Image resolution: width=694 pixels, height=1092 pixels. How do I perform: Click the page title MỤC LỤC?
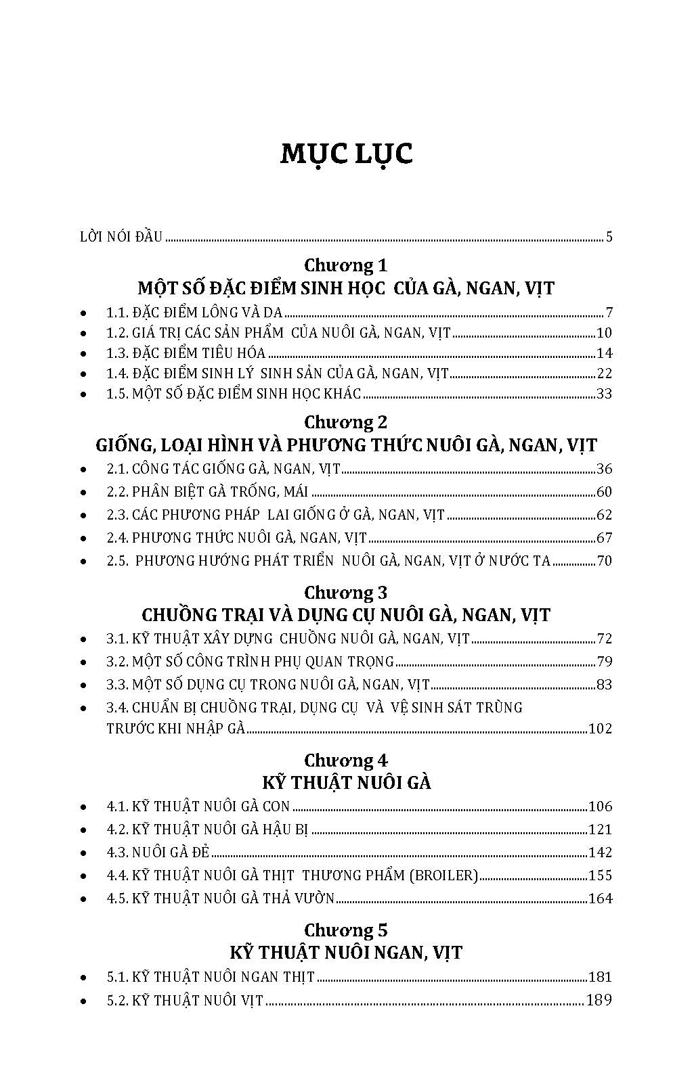[347, 154]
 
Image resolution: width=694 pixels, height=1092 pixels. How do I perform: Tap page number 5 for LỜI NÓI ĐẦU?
[609, 237]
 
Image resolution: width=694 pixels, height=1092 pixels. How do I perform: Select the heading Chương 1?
[346, 265]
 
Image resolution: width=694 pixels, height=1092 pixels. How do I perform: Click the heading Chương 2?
[346, 422]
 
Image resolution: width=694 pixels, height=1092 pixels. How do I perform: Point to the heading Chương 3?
[346, 593]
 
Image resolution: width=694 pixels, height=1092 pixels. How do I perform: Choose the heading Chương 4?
[346, 760]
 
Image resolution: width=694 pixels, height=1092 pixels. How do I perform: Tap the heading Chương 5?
[346, 930]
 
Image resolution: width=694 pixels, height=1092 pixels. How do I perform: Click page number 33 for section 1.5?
[604, 394]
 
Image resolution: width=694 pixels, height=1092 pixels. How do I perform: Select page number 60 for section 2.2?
[604, 492]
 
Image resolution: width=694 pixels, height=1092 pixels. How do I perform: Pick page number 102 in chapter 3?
[601, 729]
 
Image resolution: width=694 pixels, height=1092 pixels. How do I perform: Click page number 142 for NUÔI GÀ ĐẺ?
[601, 852]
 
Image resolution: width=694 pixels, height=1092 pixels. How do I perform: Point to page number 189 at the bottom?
[599, 1000]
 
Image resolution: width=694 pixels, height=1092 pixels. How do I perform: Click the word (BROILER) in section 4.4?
[443, 875]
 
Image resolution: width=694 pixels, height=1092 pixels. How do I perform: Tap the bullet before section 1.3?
[83, 354]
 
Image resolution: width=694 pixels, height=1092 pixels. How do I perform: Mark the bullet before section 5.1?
[83, 978]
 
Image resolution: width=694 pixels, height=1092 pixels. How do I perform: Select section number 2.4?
[117, 538]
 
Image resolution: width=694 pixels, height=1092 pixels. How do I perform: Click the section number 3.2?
[117, 662]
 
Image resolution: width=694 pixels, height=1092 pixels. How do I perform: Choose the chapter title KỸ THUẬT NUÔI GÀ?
[346, 783]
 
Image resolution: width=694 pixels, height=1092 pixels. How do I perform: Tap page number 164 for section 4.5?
[601, 898]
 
